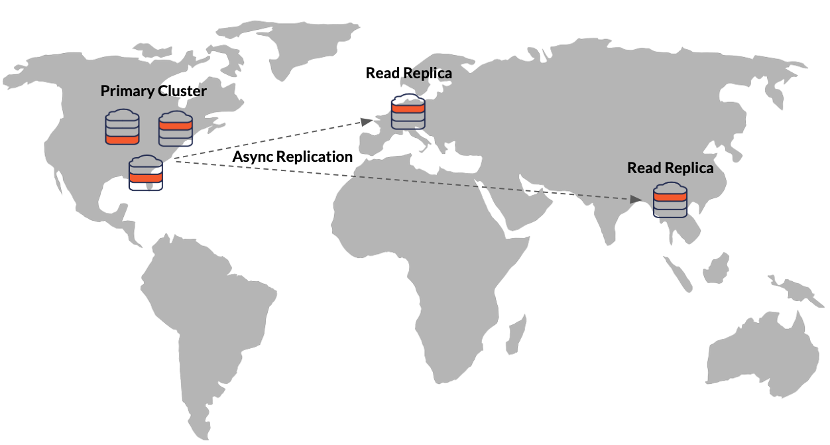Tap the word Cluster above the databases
tap(182, 92)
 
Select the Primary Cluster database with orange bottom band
tap(122, 127)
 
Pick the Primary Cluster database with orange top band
tap(175, 129)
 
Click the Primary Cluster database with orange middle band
tap(146, 173)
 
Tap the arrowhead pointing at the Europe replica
tap(367, 121)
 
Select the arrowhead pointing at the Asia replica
tap(636, 199)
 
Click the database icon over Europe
tap(408, 112)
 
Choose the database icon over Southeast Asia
tap(670, 200)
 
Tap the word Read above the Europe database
tap(382, 73)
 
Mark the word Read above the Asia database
tap(644, 168)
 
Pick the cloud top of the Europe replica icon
tap(408, 100)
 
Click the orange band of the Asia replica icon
tap(670, 196)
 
